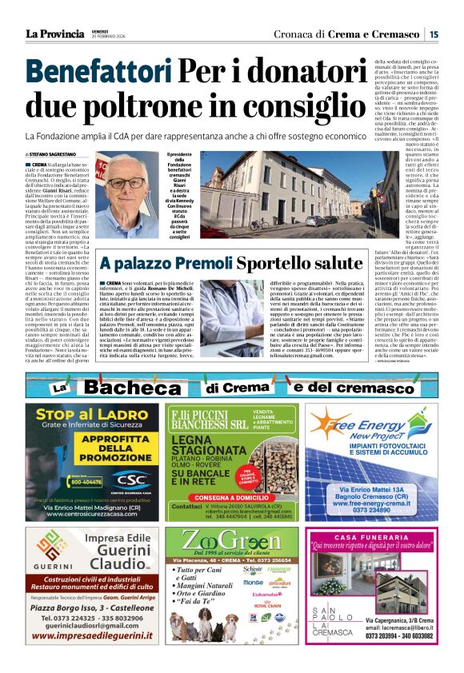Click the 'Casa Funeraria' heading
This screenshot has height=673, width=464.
click(x=372, y=537)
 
